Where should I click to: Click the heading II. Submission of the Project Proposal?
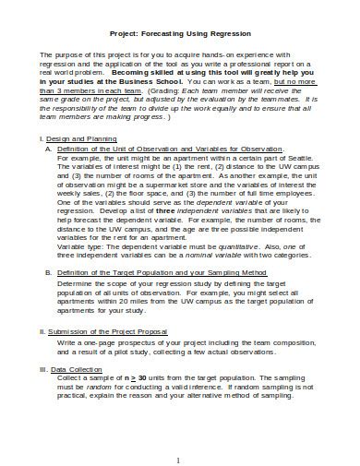(102, 329)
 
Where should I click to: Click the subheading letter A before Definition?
(49, 148)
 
